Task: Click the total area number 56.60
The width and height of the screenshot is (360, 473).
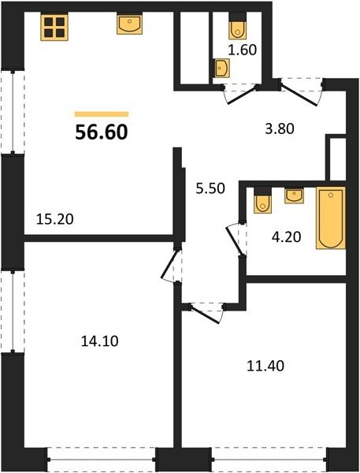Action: coord(102,132)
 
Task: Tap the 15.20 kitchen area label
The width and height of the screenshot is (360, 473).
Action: coord(54,219)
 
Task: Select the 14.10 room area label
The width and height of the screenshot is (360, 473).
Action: coord(100,341)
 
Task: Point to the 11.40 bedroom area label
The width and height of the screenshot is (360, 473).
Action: coord(265,366)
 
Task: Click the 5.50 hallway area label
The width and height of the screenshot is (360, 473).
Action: coord(210,188)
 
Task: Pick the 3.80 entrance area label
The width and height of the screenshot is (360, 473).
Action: coord(280,128)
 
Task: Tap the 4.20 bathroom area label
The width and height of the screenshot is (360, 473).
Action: coord(286,237)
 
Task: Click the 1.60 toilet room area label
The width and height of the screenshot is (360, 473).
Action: coord(242,50)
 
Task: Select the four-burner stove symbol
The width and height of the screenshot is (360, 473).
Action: coord(54,27)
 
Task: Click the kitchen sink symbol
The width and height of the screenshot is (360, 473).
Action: coord(130,24)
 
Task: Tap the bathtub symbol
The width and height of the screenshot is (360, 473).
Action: coord(331,218)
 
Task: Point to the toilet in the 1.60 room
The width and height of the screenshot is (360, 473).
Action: coord(238,27)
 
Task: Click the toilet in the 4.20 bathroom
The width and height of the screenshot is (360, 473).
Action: coord(262,201)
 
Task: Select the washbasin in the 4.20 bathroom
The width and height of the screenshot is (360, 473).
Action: coord(295,196)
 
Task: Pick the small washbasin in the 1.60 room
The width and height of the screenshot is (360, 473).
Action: coord(222,68)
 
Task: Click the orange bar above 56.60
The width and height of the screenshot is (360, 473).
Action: coord(102,114)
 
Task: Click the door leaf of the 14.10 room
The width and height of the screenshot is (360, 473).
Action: coord(169,263)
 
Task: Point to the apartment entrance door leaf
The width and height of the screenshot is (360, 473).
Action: coord(299,96)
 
